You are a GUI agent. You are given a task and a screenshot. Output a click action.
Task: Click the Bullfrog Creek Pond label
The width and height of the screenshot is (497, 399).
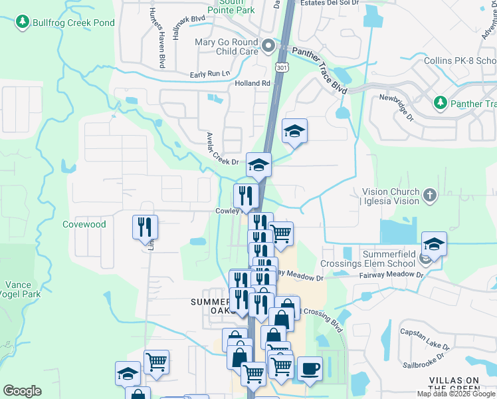click(x=73, y=23)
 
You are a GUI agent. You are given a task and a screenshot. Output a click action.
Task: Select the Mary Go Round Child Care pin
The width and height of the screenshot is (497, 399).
click(x=268, y=46)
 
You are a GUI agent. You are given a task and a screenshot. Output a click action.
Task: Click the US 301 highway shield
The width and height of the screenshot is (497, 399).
click(x=282, y=67)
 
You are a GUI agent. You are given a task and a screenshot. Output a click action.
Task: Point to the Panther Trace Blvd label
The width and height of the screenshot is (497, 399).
click(x=320, y=73)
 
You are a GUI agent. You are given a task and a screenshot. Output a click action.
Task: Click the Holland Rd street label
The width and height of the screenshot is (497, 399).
click(x=252, y=83)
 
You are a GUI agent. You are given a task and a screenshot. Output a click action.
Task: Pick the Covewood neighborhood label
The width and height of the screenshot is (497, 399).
click(x=84, y=224)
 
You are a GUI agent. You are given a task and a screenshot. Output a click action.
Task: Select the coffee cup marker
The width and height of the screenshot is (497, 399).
click(x=309, y=368)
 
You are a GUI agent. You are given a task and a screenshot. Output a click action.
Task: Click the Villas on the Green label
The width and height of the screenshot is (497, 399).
click(x=454, y=384)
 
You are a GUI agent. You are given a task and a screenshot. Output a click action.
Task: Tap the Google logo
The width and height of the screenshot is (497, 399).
click(x=22, y=391)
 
